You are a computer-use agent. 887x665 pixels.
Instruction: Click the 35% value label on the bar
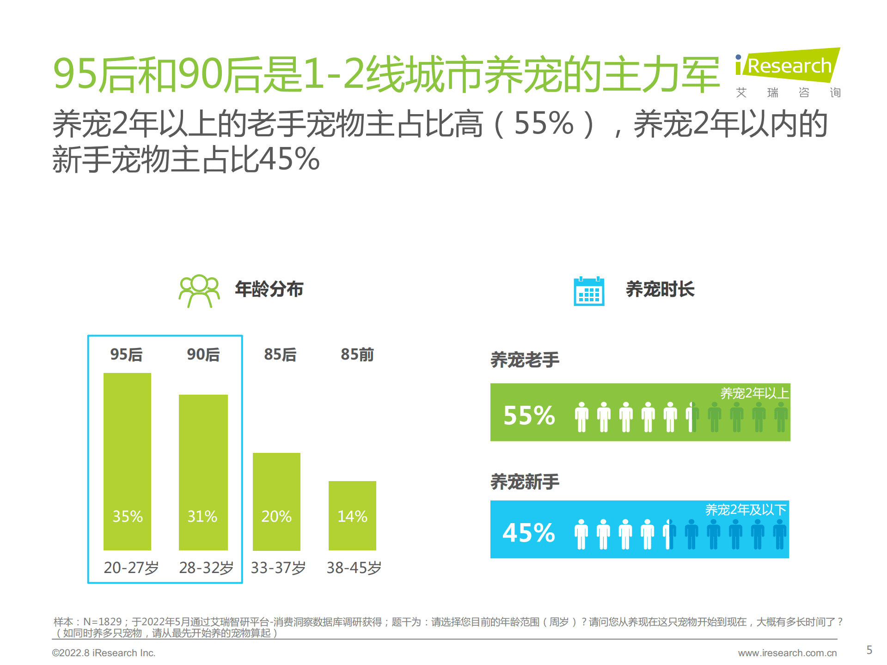(128, 516)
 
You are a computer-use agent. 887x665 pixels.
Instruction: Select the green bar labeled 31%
(203, 462)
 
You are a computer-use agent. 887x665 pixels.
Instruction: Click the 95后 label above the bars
(126, 354)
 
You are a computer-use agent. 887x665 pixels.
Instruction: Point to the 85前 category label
(357, 354)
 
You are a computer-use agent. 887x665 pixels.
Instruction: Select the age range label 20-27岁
(131, 567)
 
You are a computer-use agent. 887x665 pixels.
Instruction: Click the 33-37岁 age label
(278, 567)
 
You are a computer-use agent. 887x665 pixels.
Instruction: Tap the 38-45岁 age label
(354, 567)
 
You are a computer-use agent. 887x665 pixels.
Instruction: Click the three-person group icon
(199, 291)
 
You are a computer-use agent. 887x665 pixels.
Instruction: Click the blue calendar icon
(589, 291)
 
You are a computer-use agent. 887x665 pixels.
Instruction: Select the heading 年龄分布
(269, 289)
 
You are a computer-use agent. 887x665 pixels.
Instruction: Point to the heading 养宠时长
(660, 289)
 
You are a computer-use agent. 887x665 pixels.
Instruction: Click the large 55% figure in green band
(529, 415)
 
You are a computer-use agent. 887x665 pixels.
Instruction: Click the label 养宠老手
(525, 360)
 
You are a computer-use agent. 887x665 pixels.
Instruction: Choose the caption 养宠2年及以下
(745, 510)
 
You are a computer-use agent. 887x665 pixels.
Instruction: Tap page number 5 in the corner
(869, 650)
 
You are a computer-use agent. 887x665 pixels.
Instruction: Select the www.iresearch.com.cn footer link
(787, 653)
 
